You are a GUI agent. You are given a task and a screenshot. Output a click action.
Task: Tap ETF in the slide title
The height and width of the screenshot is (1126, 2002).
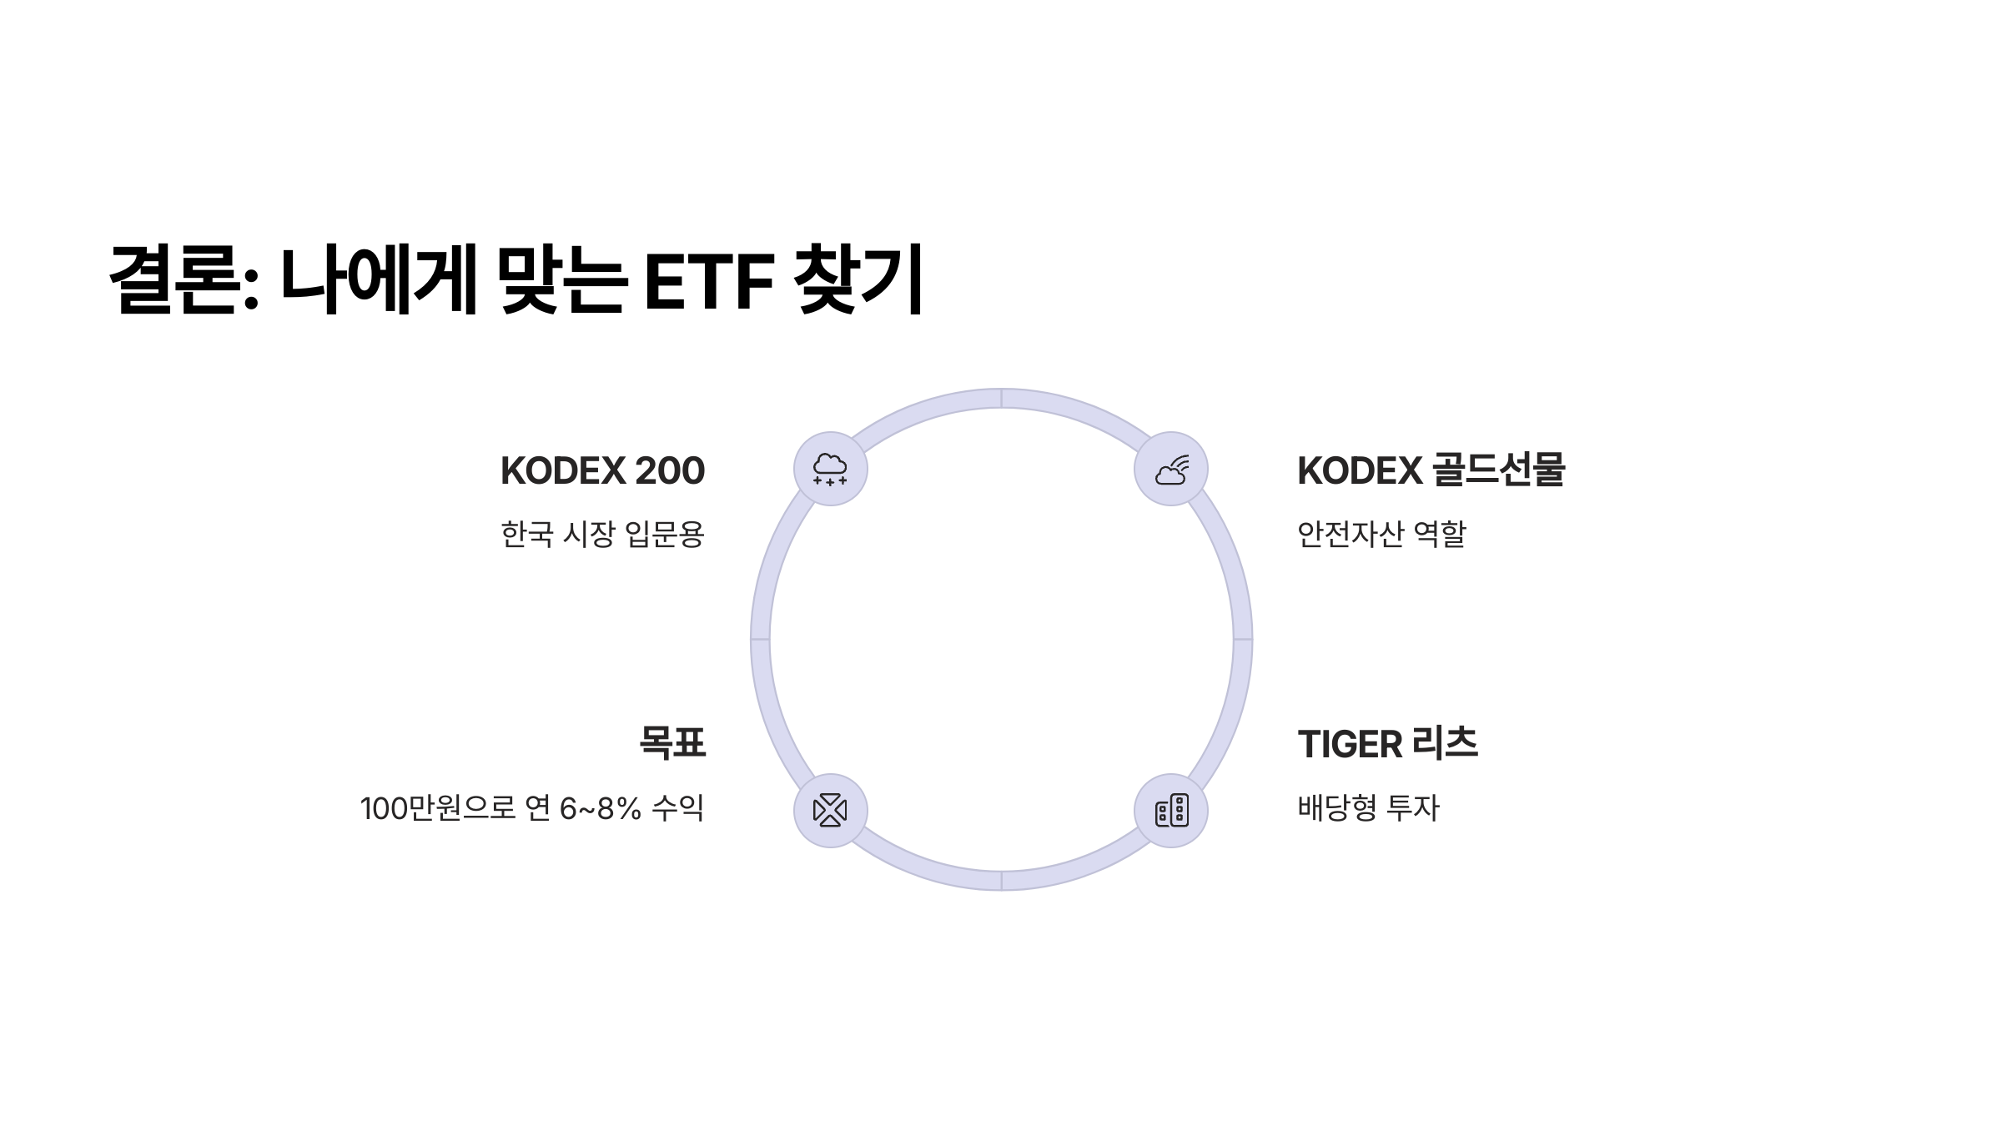pos(709,282)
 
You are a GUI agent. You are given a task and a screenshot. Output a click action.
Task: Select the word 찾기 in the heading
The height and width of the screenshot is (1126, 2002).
pos(858,279)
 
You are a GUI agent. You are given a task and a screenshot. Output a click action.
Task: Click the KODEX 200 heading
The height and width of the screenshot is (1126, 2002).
pos(602,471)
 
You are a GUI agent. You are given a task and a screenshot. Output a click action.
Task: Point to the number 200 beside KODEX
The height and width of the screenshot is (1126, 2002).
pos(669,471)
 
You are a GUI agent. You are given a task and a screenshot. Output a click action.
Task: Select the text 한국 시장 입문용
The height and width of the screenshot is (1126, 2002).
pos(602,534)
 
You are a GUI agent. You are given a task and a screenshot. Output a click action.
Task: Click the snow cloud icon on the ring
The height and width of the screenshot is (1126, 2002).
pos(830,469)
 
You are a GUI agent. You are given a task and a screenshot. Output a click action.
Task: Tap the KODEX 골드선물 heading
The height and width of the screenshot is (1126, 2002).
pos(1431,470)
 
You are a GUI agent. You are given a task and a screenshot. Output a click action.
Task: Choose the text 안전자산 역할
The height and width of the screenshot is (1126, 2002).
pos(1381,534)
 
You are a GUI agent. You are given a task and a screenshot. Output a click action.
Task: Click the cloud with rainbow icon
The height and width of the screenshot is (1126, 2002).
pos(1171,469)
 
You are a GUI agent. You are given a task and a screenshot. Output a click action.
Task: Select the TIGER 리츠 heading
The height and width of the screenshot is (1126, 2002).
pos(1387,744)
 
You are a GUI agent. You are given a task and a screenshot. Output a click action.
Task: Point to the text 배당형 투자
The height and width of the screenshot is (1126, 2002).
pos(1368,807)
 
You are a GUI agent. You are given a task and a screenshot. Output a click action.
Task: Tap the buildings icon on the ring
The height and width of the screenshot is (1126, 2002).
pos(1171,810)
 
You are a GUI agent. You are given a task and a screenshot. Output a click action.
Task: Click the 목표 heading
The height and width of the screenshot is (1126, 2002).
pos(672,742)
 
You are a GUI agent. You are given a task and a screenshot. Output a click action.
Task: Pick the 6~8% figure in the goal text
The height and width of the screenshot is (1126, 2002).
pos(600,808)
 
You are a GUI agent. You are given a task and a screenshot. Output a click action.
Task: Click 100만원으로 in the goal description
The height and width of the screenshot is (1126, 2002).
pos(438,808)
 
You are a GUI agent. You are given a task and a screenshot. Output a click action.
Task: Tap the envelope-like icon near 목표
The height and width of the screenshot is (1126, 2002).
pos(830,810)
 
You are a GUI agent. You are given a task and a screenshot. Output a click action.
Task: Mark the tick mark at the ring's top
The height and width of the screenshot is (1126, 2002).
pos(1001,398)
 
